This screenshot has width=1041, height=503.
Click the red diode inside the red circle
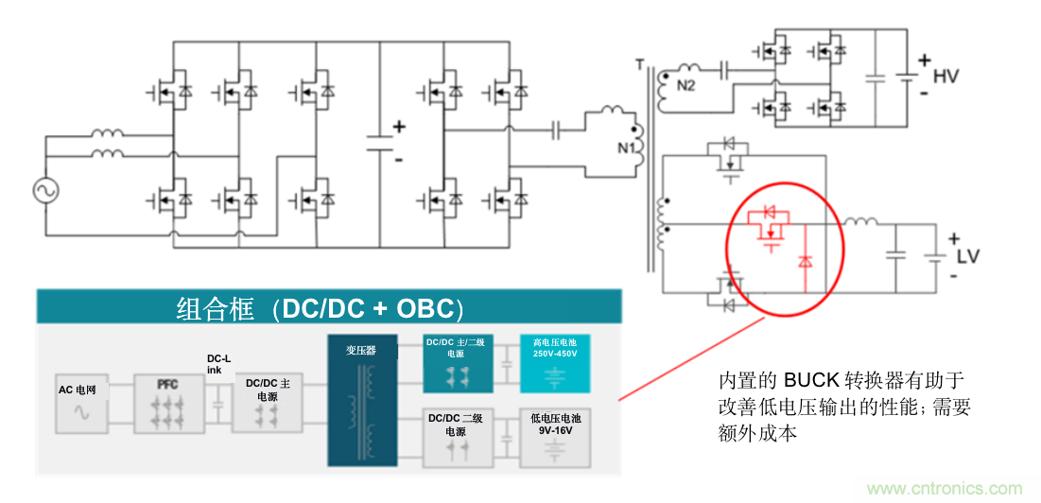(x=805, y=259)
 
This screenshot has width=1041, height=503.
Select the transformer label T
(x=640, y=65)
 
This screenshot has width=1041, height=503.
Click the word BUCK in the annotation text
(x=811, y=381)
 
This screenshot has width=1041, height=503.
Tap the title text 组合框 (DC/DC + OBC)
(x=321, y=309)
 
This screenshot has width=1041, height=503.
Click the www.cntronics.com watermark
(x=945, y=488)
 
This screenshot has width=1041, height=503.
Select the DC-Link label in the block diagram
(x=218, y=364)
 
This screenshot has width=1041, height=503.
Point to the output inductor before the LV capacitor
(x=861, y=224)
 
